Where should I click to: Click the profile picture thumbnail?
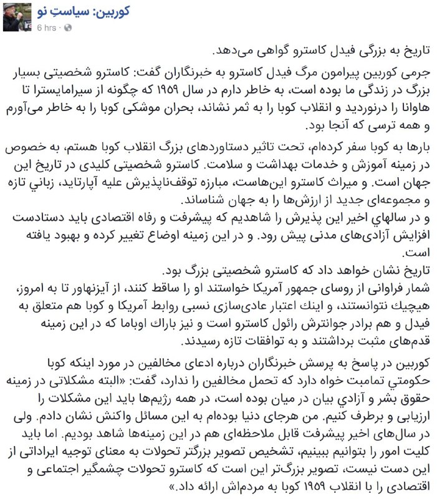(14, 17)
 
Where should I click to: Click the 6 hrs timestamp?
(49, 27)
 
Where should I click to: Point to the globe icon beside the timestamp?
(68, 27)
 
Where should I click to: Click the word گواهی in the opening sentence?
(262, 50)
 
